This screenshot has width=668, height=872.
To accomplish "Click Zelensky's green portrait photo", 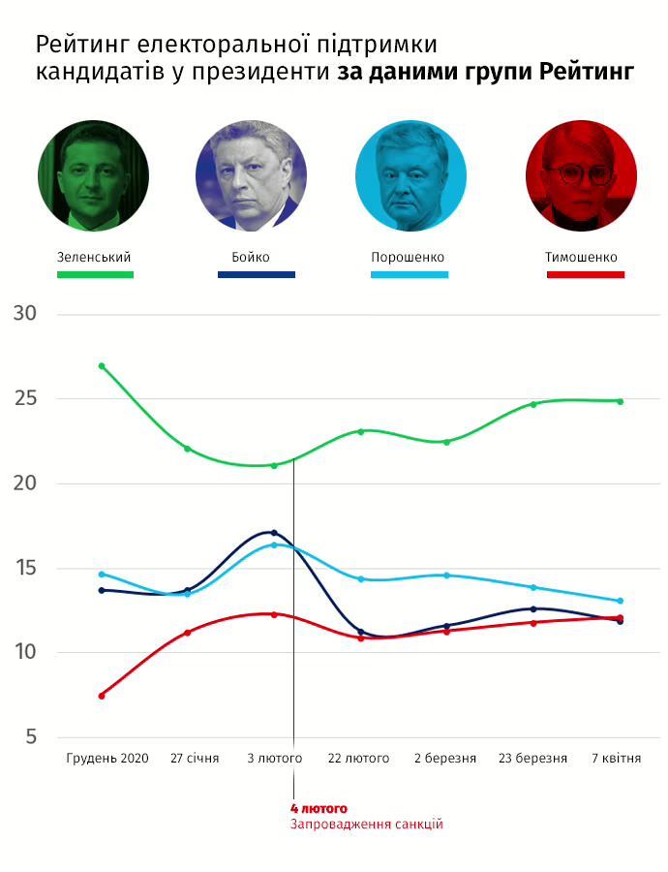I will click(x=93, y=176).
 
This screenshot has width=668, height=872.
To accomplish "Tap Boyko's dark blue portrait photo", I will click(x=252, y=176).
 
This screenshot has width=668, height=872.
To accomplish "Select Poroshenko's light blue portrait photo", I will click(x=410, y=176).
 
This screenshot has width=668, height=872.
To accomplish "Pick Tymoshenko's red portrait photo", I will click(x=581, y=176).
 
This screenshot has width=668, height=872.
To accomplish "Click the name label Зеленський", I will click(x=94, y=258).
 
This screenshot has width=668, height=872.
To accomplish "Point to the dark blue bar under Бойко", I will click(x=256, y=274).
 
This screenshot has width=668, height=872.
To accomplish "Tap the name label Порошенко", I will click(x=408, y=258).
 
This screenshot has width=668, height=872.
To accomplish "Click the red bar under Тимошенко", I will click(x=585, y=274).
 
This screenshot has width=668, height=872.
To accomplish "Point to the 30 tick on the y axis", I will click(x=25, y=314).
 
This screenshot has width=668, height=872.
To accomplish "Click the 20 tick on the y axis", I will click(x=25, y=483).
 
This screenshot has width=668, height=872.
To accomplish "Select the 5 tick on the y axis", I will click(x=31, y=737).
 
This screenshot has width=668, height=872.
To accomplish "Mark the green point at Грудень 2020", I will click(x=102, y=366).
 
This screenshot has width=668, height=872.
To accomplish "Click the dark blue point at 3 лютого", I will click(x=274, y=533).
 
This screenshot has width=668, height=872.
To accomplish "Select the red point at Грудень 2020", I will click(x=102, y=696).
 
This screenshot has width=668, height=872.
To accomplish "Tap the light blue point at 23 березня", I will click(x=533, y=587).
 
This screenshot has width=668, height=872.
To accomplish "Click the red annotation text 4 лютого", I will click(x=319, y=808).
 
